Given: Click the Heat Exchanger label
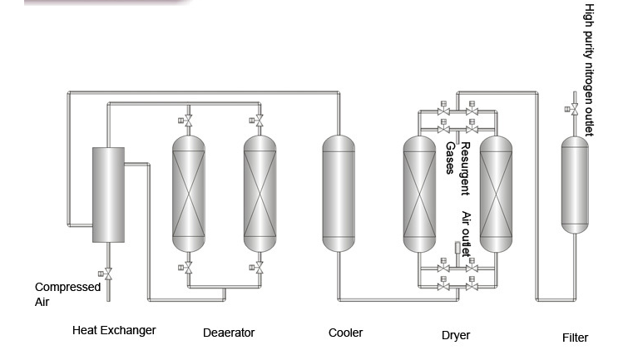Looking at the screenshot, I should [x=114, y=330].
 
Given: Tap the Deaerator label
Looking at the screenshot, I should [x=229, y=333].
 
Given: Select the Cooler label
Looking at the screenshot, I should [x=345, y=333].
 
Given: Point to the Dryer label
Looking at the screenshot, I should [x=455, y=336].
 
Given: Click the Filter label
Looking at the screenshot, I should [x=575, y=338].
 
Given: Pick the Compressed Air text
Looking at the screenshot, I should [x=67, y=293].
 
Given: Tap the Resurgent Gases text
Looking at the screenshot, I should [x=458, y=169].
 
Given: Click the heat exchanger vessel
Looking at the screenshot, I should [x=108, y=195].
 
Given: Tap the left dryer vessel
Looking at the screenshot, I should [x=419, y=195].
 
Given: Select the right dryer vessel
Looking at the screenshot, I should [x=497, y=195].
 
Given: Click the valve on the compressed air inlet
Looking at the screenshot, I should [x=107, y=274].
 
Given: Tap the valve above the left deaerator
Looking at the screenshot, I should [x=189, y=123].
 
